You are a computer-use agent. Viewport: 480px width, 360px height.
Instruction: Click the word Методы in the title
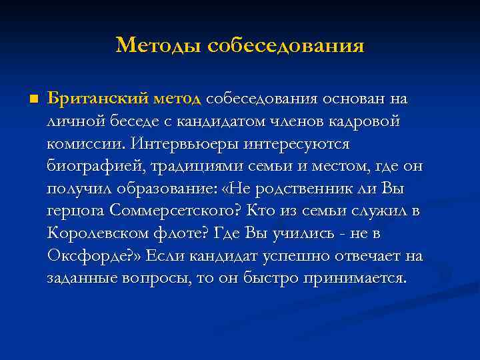158,45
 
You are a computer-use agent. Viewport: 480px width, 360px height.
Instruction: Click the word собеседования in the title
286,45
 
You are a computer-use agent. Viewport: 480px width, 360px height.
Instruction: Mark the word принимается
359,278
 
